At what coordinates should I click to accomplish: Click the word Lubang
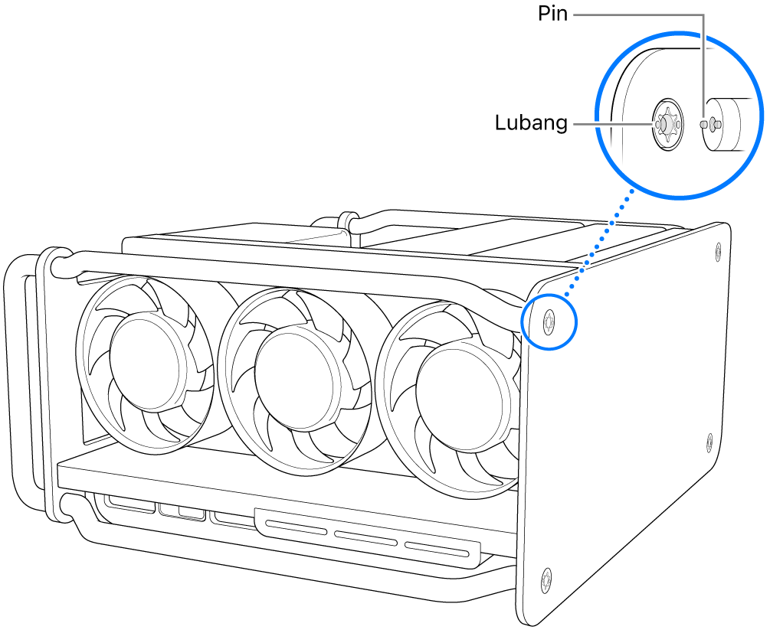point(530,123)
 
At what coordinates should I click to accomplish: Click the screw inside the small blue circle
point(549,321)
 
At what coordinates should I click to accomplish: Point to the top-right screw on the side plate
point(717,249)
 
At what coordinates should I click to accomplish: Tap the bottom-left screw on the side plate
point(546,580)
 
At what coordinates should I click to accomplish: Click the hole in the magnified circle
point(665,122)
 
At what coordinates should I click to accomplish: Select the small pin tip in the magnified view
point(705,123)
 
